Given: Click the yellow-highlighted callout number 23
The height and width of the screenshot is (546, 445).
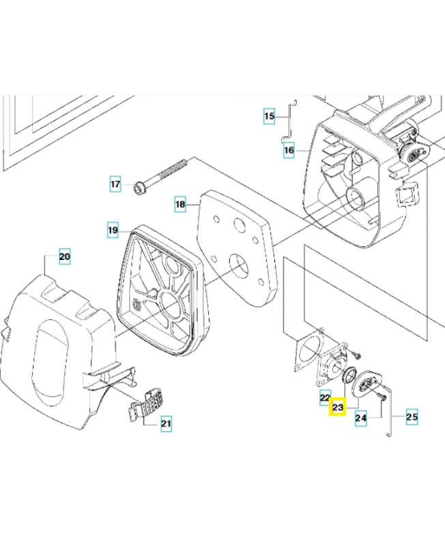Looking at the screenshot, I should click(x=338, y=407).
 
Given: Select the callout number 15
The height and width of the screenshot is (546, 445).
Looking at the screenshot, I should click(x=270, y=117).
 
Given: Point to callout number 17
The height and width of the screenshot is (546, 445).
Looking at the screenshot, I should click(x=117, y=184).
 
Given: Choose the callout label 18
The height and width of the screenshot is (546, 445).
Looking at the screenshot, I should click(x=180, y=203).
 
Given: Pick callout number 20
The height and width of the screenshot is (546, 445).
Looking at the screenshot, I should click(x=64, y=257).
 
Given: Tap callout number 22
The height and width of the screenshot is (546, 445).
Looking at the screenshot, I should click(x=326, y=397).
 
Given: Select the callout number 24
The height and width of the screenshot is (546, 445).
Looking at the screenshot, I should click(x=362, y=417).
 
